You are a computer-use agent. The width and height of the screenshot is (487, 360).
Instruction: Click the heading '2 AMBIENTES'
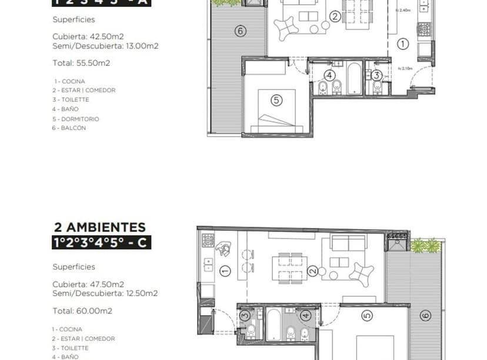click(99, 226)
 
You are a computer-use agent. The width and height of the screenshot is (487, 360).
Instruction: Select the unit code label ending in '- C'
click(101, 242)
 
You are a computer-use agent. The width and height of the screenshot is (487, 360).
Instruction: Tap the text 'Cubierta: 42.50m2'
click(88, 36)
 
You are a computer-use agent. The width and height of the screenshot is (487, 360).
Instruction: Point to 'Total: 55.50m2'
click(82, 63)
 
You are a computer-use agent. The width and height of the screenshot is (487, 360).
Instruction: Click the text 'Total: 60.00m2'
click(82, 311)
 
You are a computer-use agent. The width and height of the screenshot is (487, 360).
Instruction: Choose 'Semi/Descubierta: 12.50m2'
click(105, 293)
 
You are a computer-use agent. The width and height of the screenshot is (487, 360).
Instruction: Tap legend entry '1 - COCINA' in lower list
click(67, 329)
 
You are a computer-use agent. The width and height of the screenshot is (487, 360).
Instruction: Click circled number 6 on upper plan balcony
click(240, 31)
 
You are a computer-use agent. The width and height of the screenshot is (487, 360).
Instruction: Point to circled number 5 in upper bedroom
click(276, 100)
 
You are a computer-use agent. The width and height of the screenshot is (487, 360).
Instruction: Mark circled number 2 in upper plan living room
click(334, 16)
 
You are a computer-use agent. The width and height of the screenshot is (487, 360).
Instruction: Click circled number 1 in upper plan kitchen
click(402, 43)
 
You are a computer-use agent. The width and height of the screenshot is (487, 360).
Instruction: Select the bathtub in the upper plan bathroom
click(354, 79)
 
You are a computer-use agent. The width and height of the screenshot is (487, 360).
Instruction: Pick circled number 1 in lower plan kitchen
click(225, 271)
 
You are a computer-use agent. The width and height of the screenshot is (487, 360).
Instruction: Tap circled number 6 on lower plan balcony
click(425, 316)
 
